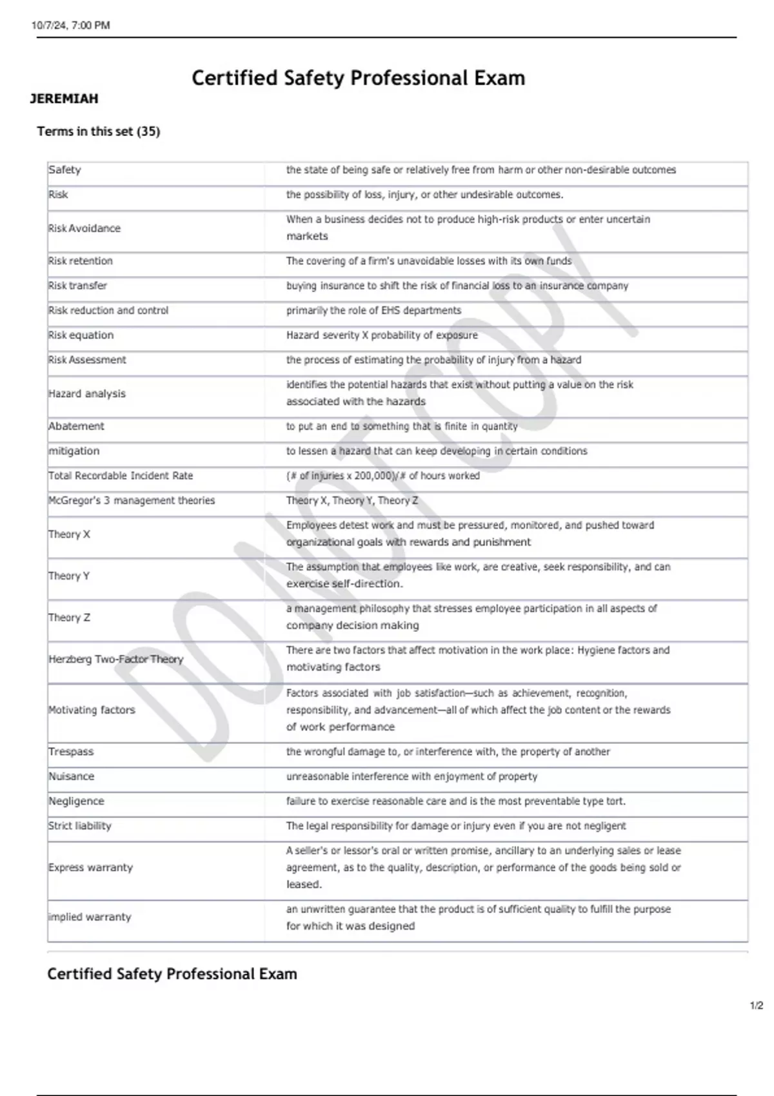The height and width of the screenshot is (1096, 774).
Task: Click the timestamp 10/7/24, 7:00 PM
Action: [71, 26]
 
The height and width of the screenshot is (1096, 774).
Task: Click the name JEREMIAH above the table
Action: [64, 99]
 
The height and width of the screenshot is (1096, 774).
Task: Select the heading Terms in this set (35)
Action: [99, 132]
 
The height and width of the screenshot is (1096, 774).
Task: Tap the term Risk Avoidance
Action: [84, 228]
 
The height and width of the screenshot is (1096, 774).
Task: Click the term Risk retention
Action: [81, 261]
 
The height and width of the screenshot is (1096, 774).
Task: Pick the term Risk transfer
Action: [78, 286]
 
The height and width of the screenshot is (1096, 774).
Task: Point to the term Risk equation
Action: [81, 335]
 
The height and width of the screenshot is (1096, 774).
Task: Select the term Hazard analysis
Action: [87, 394]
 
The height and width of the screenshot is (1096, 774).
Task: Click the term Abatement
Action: [76, 426]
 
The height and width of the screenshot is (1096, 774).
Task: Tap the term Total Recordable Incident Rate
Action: [121, 476]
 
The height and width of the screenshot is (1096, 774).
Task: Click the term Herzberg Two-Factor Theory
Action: [116, 660]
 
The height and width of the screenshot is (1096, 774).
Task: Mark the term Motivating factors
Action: [92, 710]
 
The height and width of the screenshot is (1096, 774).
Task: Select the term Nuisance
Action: [72, 777]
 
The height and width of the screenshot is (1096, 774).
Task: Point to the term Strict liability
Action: [80, 827]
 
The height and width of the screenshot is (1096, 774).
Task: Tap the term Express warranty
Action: [90, 868]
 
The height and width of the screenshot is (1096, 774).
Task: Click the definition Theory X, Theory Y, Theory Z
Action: [352, 501]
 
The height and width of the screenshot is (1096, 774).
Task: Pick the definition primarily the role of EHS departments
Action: [374, 311]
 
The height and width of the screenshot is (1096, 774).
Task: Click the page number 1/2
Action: [757, 1006]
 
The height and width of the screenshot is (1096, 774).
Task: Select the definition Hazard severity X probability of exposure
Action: [382, 335]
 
